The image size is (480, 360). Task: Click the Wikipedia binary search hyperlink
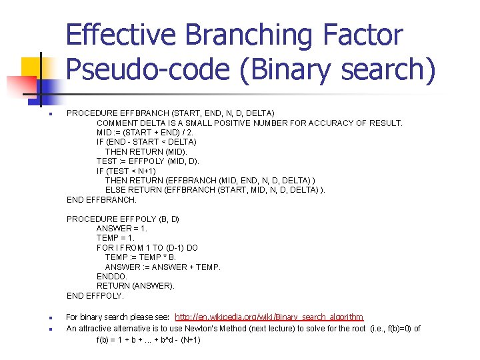(x=269, y=317)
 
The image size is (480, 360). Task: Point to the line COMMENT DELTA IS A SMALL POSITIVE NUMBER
(x=249, y=123)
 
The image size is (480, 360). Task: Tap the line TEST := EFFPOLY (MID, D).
(x=147, y=161)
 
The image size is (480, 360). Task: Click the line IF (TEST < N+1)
(x=130, y=171)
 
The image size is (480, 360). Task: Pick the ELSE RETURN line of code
(x=215, y=190)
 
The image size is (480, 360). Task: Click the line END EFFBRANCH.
(x=101, y=199)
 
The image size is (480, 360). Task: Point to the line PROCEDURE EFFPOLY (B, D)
(x=123, y=219)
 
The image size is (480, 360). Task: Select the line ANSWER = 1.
(x=122, y=228)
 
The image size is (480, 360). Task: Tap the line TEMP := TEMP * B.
(x=141, y=257)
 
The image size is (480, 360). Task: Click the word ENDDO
(x=111, y=276)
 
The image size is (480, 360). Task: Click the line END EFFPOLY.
(x=95, y=295)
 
